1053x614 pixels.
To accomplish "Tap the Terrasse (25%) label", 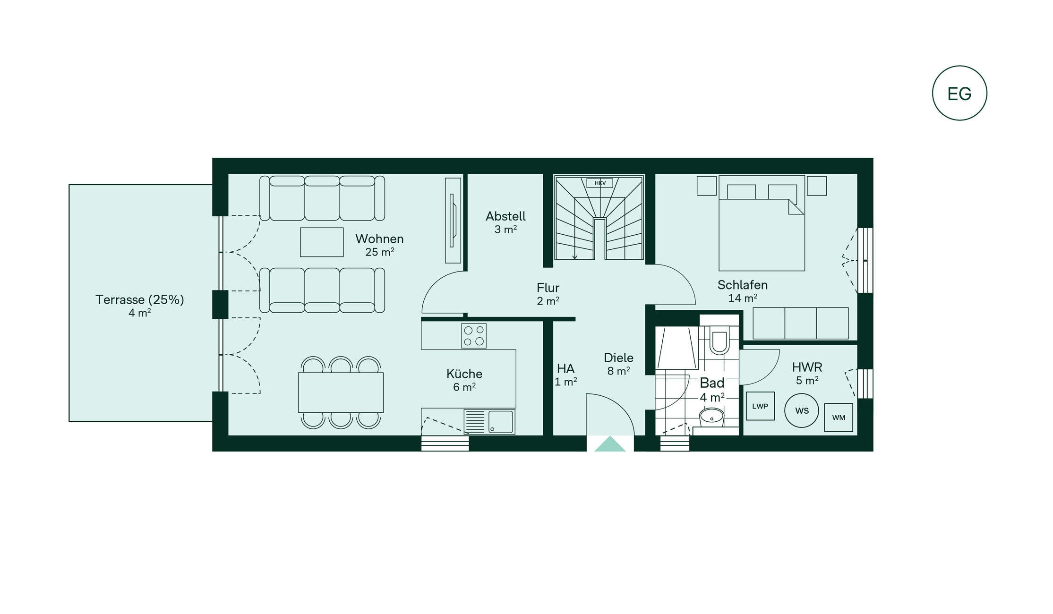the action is click(x=140, y=299).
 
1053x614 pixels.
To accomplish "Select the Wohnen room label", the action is click(x=379, y=239).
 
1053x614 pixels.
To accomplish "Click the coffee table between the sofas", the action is click(x=322, y=242).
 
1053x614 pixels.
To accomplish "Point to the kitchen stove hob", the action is click(x=474, y=336).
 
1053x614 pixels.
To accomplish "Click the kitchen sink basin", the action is click(x=500, y=421).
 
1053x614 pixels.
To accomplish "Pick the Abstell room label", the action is click(x=505, y=216).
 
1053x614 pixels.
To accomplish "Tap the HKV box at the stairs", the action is click(x=600, y=183).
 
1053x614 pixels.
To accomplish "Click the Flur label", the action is click(x=548, y=288).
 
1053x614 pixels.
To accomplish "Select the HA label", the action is click(x=565, y=368).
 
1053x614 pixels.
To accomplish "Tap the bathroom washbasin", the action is click(x=711, y=417).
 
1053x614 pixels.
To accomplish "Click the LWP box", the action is click(x=760, y=406).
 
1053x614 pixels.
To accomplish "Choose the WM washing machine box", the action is click(x=839, y=418).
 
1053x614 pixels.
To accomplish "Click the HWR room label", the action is click(x=807, y=367).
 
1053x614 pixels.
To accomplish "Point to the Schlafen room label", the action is click(x=743, y=285).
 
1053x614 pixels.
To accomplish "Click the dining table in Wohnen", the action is click(x=341, y=392).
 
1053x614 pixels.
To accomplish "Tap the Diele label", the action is click(x=618, y=358).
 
